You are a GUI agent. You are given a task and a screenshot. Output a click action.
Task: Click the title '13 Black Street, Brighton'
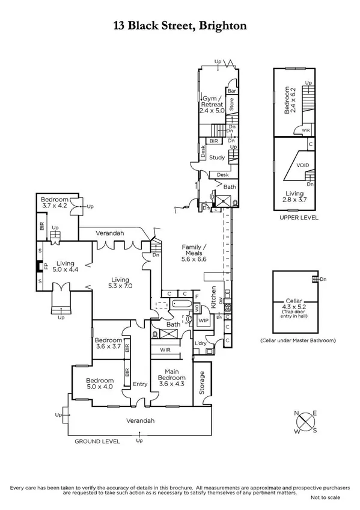pyautogui.click(x=180, y=26)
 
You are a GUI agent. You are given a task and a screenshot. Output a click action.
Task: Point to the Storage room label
pyautogui.click(x=202, y=381)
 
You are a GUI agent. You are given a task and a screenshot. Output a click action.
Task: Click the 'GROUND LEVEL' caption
pyautogui.click(x=97, y=441)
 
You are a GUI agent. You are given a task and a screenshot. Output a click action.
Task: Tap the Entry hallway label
pyautogui.click(x=140, y=384)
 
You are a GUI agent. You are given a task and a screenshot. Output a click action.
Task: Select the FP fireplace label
pyautogui.click(x=38, y=265)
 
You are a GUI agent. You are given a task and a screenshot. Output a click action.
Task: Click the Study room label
pyautogui.click(x=216, y=158)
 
